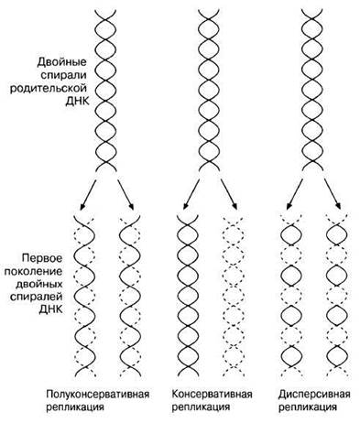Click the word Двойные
[62, 62]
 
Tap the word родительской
[49, 89]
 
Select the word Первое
[42, 258]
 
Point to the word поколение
[33, 271]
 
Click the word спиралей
[37, 297]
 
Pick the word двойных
[39, 284]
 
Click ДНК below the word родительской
[77, 102]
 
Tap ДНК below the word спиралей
[51, 309]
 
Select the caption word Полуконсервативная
[98, 394]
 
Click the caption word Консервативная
[212, 394]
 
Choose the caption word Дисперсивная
[314, 394]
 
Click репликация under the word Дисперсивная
[308, 407]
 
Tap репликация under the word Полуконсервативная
[75, 407]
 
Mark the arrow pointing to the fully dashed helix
[229, 194]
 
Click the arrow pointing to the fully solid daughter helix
[191, 194]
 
